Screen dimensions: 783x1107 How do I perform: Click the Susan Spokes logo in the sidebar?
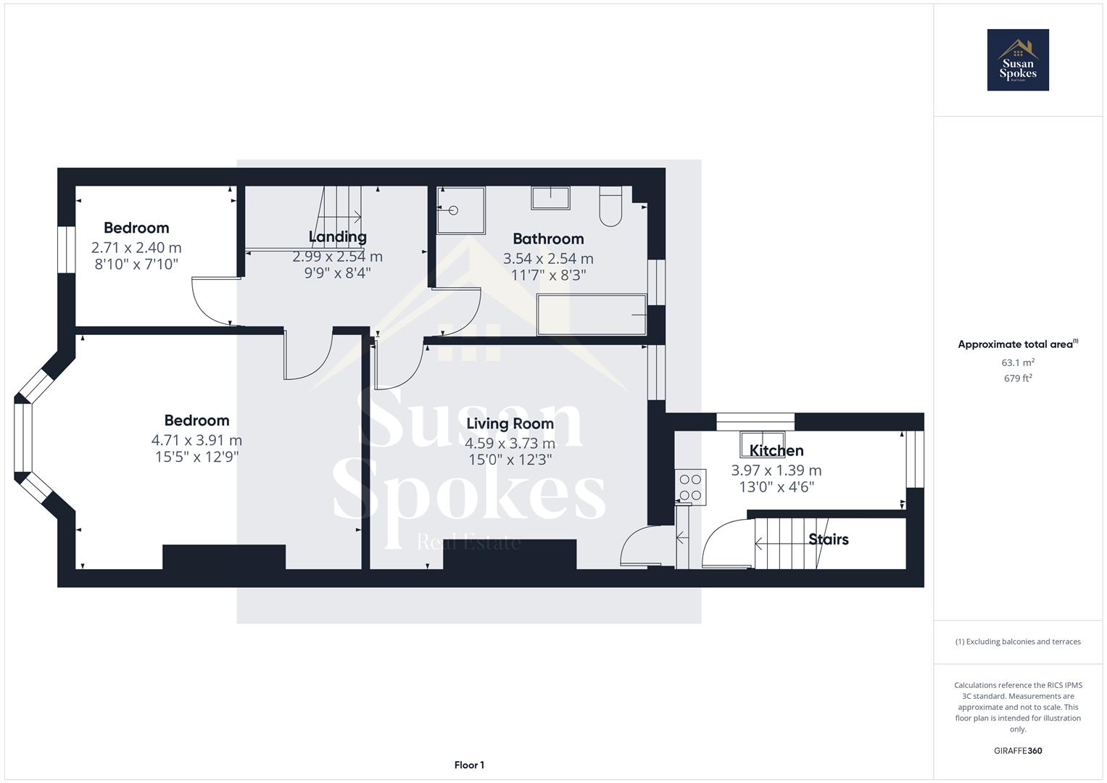(1018, 60)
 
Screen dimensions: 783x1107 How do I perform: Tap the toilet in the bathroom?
(610, 206)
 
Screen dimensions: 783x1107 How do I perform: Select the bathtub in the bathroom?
(591, 315)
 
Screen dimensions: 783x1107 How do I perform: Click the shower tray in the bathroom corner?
(461, 210)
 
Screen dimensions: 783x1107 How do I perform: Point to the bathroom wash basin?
(550, 198)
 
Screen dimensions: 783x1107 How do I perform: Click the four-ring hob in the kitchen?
(690, 487)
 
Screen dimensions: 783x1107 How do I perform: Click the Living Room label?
(510, 423)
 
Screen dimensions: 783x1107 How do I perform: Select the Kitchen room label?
(776, 451)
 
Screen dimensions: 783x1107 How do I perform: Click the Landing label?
(338, 236)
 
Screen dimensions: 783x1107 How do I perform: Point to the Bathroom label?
(548, 239)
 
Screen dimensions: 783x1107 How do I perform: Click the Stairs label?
(828, 539)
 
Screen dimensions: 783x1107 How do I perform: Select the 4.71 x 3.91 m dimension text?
(196, 440)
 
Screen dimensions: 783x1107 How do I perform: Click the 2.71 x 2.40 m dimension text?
(136, 247)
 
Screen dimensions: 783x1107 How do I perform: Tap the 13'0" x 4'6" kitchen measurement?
(776, 487)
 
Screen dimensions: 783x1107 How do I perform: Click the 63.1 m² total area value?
(1018, 362)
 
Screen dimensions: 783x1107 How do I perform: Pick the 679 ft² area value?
(1018, 378)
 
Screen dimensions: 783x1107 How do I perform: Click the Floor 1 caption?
(469, 765)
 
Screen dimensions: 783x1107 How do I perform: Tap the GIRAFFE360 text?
(1018, 751)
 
